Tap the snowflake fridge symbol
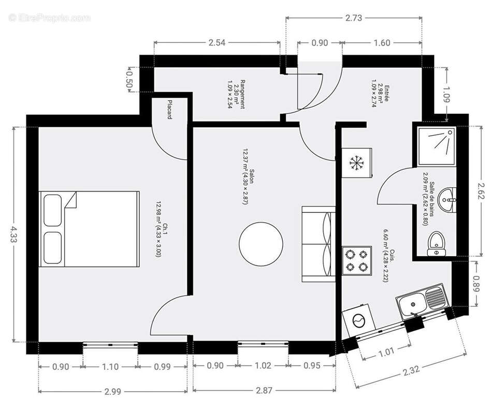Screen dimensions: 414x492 [x=356, y=163]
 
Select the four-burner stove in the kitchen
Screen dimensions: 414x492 [x=357, y=260]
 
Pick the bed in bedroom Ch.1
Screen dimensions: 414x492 [x=89, y=228]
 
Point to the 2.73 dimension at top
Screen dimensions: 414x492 [x=354, y=17]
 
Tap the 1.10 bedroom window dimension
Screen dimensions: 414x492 [x=110, y=366]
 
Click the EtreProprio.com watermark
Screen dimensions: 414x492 [x=50, y=18]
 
